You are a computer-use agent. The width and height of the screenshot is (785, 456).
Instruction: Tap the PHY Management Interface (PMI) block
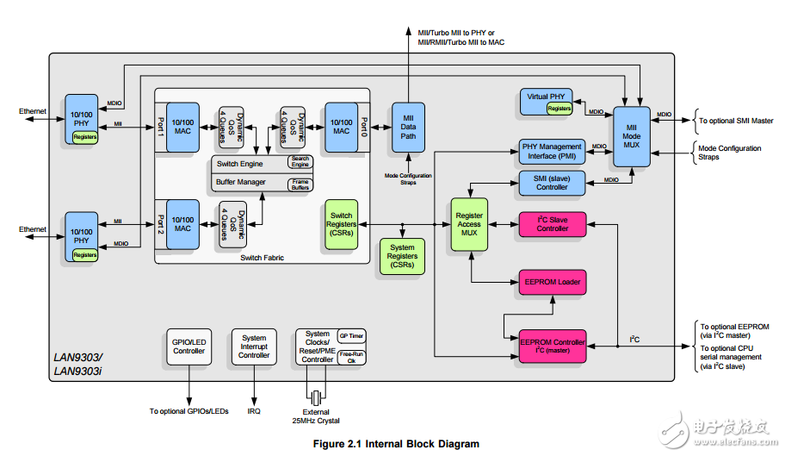coord(552,152)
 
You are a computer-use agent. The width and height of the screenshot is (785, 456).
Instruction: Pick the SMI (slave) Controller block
coord(552,182)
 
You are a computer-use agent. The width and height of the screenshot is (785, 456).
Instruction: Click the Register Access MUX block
coord(469,224)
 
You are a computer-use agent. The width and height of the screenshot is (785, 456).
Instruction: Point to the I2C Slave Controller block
coord(552,224)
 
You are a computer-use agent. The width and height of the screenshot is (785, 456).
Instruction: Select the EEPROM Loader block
coord(552,282)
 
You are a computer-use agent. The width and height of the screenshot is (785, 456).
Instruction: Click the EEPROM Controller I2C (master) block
coord(552,347)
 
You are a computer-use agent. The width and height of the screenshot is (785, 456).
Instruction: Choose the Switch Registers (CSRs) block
coord(341,224)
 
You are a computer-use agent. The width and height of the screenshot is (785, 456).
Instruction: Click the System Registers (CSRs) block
coord(402,256)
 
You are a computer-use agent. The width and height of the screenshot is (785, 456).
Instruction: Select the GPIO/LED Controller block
coord(189,347)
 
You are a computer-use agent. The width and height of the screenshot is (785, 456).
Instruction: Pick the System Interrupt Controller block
coord(254,347)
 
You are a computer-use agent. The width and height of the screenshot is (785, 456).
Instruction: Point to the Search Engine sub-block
coord(300,162)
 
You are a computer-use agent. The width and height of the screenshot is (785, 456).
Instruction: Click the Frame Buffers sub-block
coord(300,184)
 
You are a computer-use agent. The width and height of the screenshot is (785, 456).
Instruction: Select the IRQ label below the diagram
coord(254,411)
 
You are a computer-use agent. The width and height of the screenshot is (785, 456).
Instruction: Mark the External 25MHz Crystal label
coord(317,416)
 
